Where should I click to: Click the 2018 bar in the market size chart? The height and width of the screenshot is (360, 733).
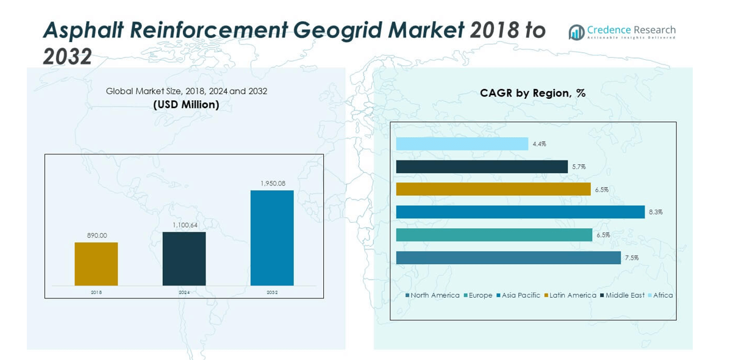(96, 264)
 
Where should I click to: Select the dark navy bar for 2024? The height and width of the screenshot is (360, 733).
(184, 259)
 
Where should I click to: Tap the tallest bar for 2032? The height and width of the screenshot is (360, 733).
(272, 238)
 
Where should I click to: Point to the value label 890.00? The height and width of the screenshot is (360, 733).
(96, 236)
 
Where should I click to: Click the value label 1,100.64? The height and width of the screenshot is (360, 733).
(184, 225)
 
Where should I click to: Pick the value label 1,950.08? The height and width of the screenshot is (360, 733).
(272, 183)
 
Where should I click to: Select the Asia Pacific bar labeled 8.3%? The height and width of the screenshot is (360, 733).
(520, 212)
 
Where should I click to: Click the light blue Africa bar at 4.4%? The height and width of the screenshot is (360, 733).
(462, 144)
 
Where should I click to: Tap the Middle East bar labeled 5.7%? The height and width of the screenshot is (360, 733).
(482, 167)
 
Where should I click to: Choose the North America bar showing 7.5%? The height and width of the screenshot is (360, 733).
(508, 257)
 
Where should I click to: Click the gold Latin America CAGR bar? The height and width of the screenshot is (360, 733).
(493, 189)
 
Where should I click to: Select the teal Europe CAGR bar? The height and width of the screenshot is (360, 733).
(494, 235)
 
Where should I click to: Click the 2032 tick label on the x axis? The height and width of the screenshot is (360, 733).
(272, 292)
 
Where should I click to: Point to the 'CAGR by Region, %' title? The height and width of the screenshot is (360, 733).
(532, 93)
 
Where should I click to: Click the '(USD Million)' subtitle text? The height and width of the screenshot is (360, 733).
(186, 104)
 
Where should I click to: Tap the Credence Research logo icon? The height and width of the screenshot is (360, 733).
(576, 32)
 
